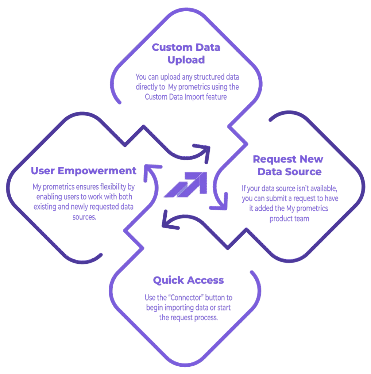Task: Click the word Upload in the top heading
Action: tap(186, 60)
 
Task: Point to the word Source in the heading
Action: tap(304, 171)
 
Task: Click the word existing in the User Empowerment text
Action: tap(44, 207)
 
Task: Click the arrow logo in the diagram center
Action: tap(186, 184)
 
